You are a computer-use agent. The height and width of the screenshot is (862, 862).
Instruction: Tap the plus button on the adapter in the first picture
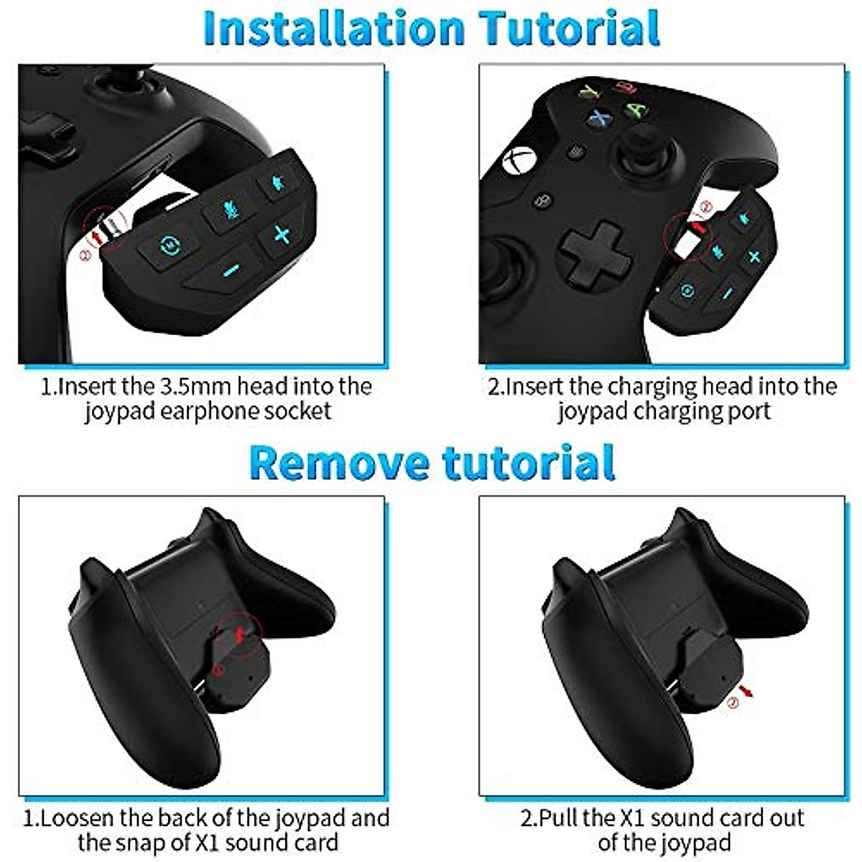[282, 234]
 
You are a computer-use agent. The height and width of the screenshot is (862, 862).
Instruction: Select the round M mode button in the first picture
[170, 244]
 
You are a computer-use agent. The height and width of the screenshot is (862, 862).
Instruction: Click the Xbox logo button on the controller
[519, 159]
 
